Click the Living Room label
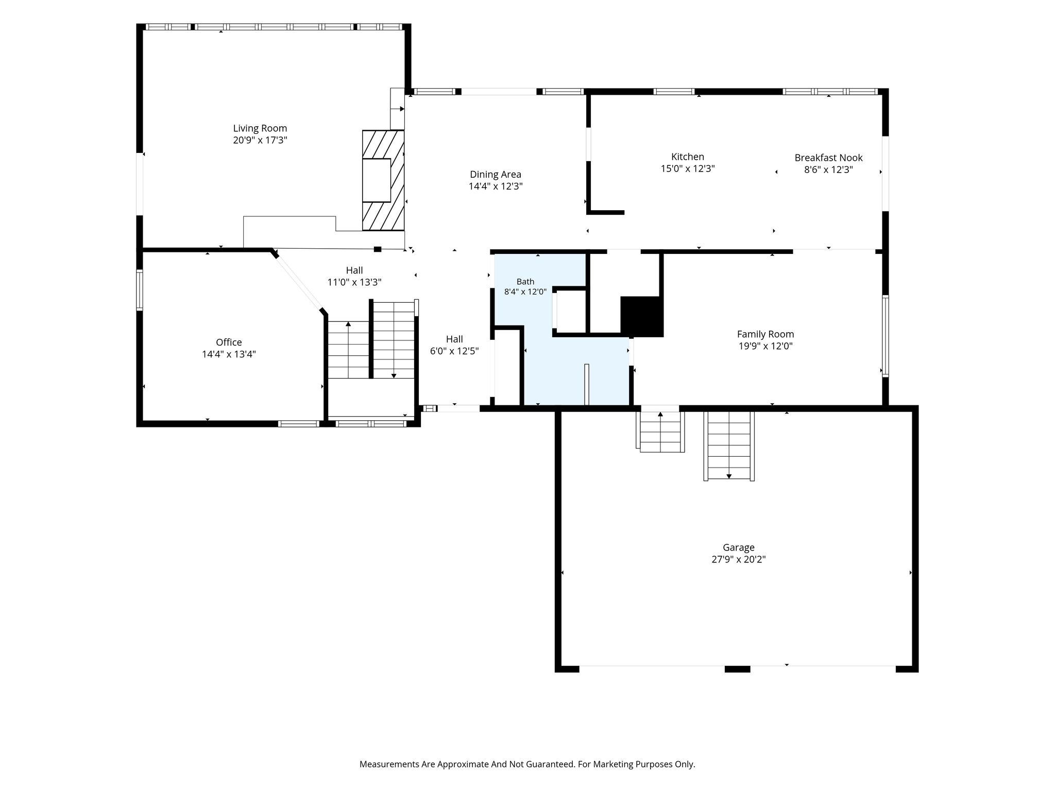pyautogui.click(x=260, y=128)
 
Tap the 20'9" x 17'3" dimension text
pyautogui.click(x=260, y=140)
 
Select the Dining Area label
pyautogui.click(x=495, y=175)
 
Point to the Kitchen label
pyautogui.click(x=687, y=157)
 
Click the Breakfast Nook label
pyautogui.click(x=828, y=158)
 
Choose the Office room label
pyautogui.click(x=229, y=342)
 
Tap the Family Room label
pyautogui.click(x=765, y=334)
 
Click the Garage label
pyautogui.click(x=739, y=547)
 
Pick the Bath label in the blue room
pyautogui.click(x=525, y=282)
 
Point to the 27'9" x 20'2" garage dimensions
pyautogui.click(x=739, y=559)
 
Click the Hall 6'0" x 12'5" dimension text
pyautogui.click(x=454, y=351)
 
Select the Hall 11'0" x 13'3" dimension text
pyautogui.click(x=354, y=282)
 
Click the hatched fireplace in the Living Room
pyautogui.click(x=383, y=180)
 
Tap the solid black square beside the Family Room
pyautogui.click(x=641, y=316)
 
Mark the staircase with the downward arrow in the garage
pyautogui.click(x=729, y=446)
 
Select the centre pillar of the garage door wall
pyautogui.click(x=737, y=669)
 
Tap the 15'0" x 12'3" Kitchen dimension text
pyautogui.click(x=687, y=169)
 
